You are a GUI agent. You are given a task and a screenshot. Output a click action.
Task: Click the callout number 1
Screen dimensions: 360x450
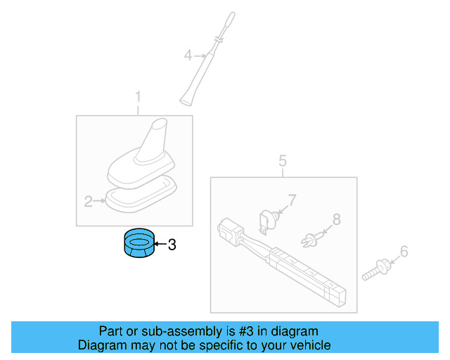pyautogui.click(x=138, y=96)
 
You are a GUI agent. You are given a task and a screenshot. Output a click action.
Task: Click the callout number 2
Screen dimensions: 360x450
pyautogui.click(x=89, y=202)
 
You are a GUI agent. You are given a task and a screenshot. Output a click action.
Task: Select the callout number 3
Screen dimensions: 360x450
pyautogui.click(x=172, y=245)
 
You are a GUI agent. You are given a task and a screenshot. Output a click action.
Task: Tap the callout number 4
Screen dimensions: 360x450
pyautogui.click(x=188, y=54)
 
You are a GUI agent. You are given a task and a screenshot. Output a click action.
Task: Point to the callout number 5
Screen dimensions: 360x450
pyautogui.click(x=283, y=161)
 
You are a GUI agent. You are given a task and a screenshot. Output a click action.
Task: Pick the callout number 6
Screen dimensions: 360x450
pyautogui.click(x=404, y=251)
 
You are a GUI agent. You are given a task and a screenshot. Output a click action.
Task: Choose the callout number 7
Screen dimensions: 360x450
pyautogui.click(x=292, y=200)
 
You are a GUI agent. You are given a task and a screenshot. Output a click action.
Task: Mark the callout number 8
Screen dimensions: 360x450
pyautogui.click(x=336, y=219)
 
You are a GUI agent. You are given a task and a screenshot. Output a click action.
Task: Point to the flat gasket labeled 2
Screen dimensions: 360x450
pyautogui.click(x=141, y=193)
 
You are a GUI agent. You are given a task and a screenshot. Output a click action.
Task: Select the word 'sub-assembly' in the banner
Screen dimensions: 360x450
pyautogui.click(x=160, y=330)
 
